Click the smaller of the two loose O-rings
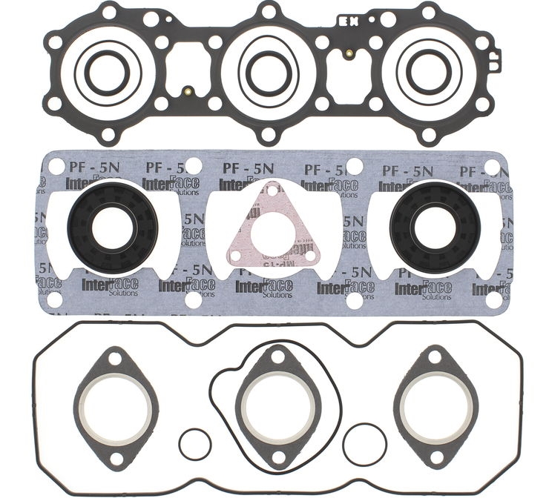pos(195,444)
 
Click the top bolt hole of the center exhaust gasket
pos(275,357)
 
